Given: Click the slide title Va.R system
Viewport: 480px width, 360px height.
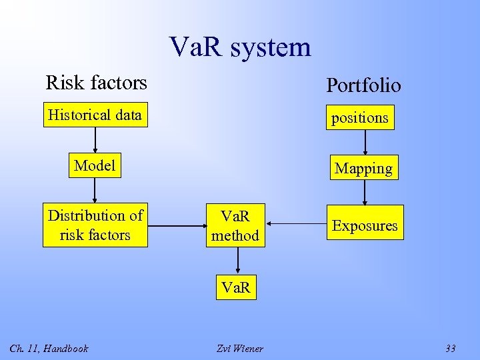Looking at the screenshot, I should point(240,47).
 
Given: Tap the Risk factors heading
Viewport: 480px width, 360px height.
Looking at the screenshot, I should point(96,83).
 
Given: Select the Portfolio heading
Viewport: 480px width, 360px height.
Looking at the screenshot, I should point(363,85).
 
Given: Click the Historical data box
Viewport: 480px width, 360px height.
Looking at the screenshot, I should point(95,115).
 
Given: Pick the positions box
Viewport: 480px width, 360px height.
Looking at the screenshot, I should point(360,117).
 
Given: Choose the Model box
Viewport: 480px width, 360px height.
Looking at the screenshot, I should point(95,165).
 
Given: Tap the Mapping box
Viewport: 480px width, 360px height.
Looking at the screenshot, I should point(363,168).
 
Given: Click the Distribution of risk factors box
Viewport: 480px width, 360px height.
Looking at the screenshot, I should point(95,225).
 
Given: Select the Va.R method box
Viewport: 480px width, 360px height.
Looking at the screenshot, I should point(235,225).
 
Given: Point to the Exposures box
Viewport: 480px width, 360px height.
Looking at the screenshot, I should point(365,225).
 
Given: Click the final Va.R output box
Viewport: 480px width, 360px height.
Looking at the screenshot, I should point(236,288).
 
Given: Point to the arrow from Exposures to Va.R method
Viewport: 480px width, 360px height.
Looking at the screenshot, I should point(297,225).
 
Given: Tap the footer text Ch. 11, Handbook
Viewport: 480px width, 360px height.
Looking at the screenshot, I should point(49,348).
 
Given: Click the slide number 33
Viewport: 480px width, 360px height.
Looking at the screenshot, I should point(450,348).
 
